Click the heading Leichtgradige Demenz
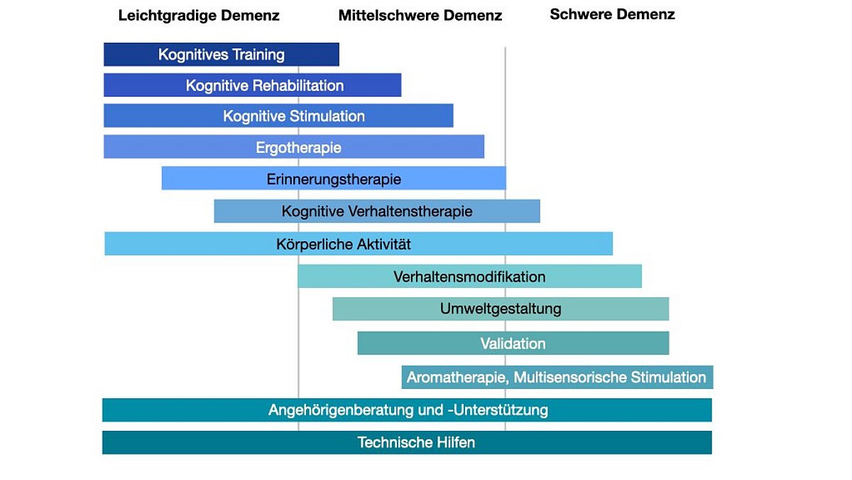(x=199, y=16)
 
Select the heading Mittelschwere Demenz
(x=420, y=16)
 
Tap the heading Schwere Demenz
(x=612, y=14)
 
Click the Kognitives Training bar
(x=222, y=55)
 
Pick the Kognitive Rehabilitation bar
(x=253, y=85)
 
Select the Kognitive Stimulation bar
(x=278, y=115)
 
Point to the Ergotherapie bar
(x=294, y=146)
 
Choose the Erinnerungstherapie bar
(x=334, y=178)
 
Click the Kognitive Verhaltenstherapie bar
(x=377, y=211)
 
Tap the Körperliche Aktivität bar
(x=359, y=243)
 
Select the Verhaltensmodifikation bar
(x=470, y=276)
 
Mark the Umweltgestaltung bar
(x=501, y=309)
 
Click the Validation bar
(x=513, y=343)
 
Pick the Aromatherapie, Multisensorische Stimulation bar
(x=557, y=377)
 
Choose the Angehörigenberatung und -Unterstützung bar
(x=407, y=410)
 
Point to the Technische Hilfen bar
(x=407, y=442)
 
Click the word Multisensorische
(x=570, y=378)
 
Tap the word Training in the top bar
(x=258, y=55)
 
